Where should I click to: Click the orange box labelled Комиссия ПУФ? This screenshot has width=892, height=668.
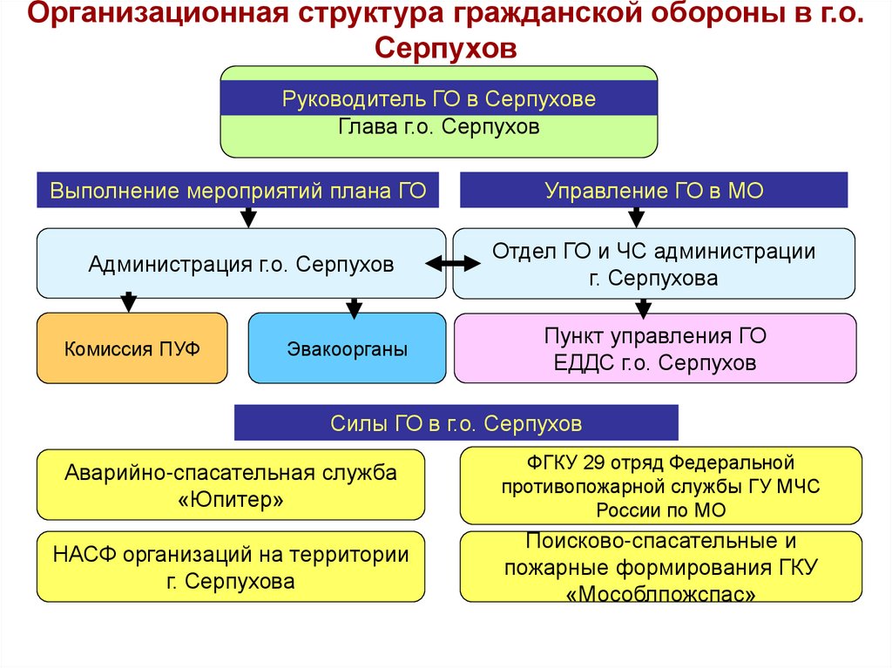point(132,348)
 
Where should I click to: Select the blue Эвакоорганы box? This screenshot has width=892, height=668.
point(347,348)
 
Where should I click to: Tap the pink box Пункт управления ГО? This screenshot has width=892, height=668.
point(654,348)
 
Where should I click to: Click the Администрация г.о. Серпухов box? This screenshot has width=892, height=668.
point(240,264)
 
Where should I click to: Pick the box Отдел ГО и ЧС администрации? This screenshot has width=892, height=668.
point(653,264)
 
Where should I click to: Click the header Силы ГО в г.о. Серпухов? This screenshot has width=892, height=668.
point(456,424)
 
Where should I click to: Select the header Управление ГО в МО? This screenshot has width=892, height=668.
point(653,190)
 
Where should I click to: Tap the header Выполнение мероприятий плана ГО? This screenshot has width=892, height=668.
point(238,190)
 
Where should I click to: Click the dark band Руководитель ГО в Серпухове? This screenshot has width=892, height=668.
point(438,99)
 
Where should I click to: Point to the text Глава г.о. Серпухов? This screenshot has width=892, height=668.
point(438,128)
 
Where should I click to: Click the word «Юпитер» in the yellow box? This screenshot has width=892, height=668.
point(230,500)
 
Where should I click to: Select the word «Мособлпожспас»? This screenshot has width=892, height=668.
point(660,594)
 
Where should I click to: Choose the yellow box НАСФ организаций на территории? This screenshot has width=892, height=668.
point(231,567)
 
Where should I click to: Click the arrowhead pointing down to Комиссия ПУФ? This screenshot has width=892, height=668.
point(129,304)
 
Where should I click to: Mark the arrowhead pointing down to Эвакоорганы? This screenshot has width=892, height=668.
point(354,308)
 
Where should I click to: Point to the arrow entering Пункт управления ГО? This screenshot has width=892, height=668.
point(643,307)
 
